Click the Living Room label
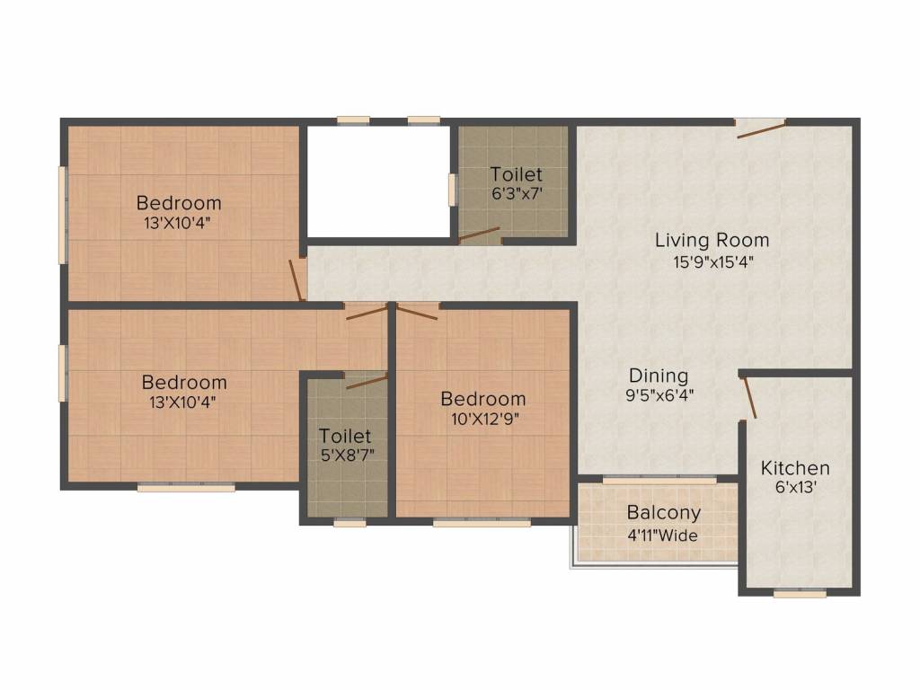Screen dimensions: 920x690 (712, 240)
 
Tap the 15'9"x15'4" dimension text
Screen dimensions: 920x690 (712, 261)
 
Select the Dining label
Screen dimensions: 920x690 (659, 376)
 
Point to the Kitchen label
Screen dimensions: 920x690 (795, 467)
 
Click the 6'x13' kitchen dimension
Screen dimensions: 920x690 (796, 487)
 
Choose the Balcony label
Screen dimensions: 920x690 (664, 512)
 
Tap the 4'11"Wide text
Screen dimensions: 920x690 (662, 535)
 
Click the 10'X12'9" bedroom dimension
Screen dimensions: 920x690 (485, 419)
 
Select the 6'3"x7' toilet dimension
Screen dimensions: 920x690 (517, 193)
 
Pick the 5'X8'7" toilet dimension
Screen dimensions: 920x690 (348, 455)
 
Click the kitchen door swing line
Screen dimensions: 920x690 (750, 398)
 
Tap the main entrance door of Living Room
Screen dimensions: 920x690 (761, 128)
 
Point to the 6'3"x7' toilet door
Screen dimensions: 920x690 (479, 234)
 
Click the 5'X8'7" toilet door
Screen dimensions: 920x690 (367, 381)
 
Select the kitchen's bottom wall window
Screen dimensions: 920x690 (800, 594)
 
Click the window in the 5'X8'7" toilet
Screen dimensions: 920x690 (349, 523)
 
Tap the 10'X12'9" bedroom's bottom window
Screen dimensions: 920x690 (482, 522)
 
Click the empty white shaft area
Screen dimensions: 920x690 (378, 181)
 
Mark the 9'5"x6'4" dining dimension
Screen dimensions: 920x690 (659, 395)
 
